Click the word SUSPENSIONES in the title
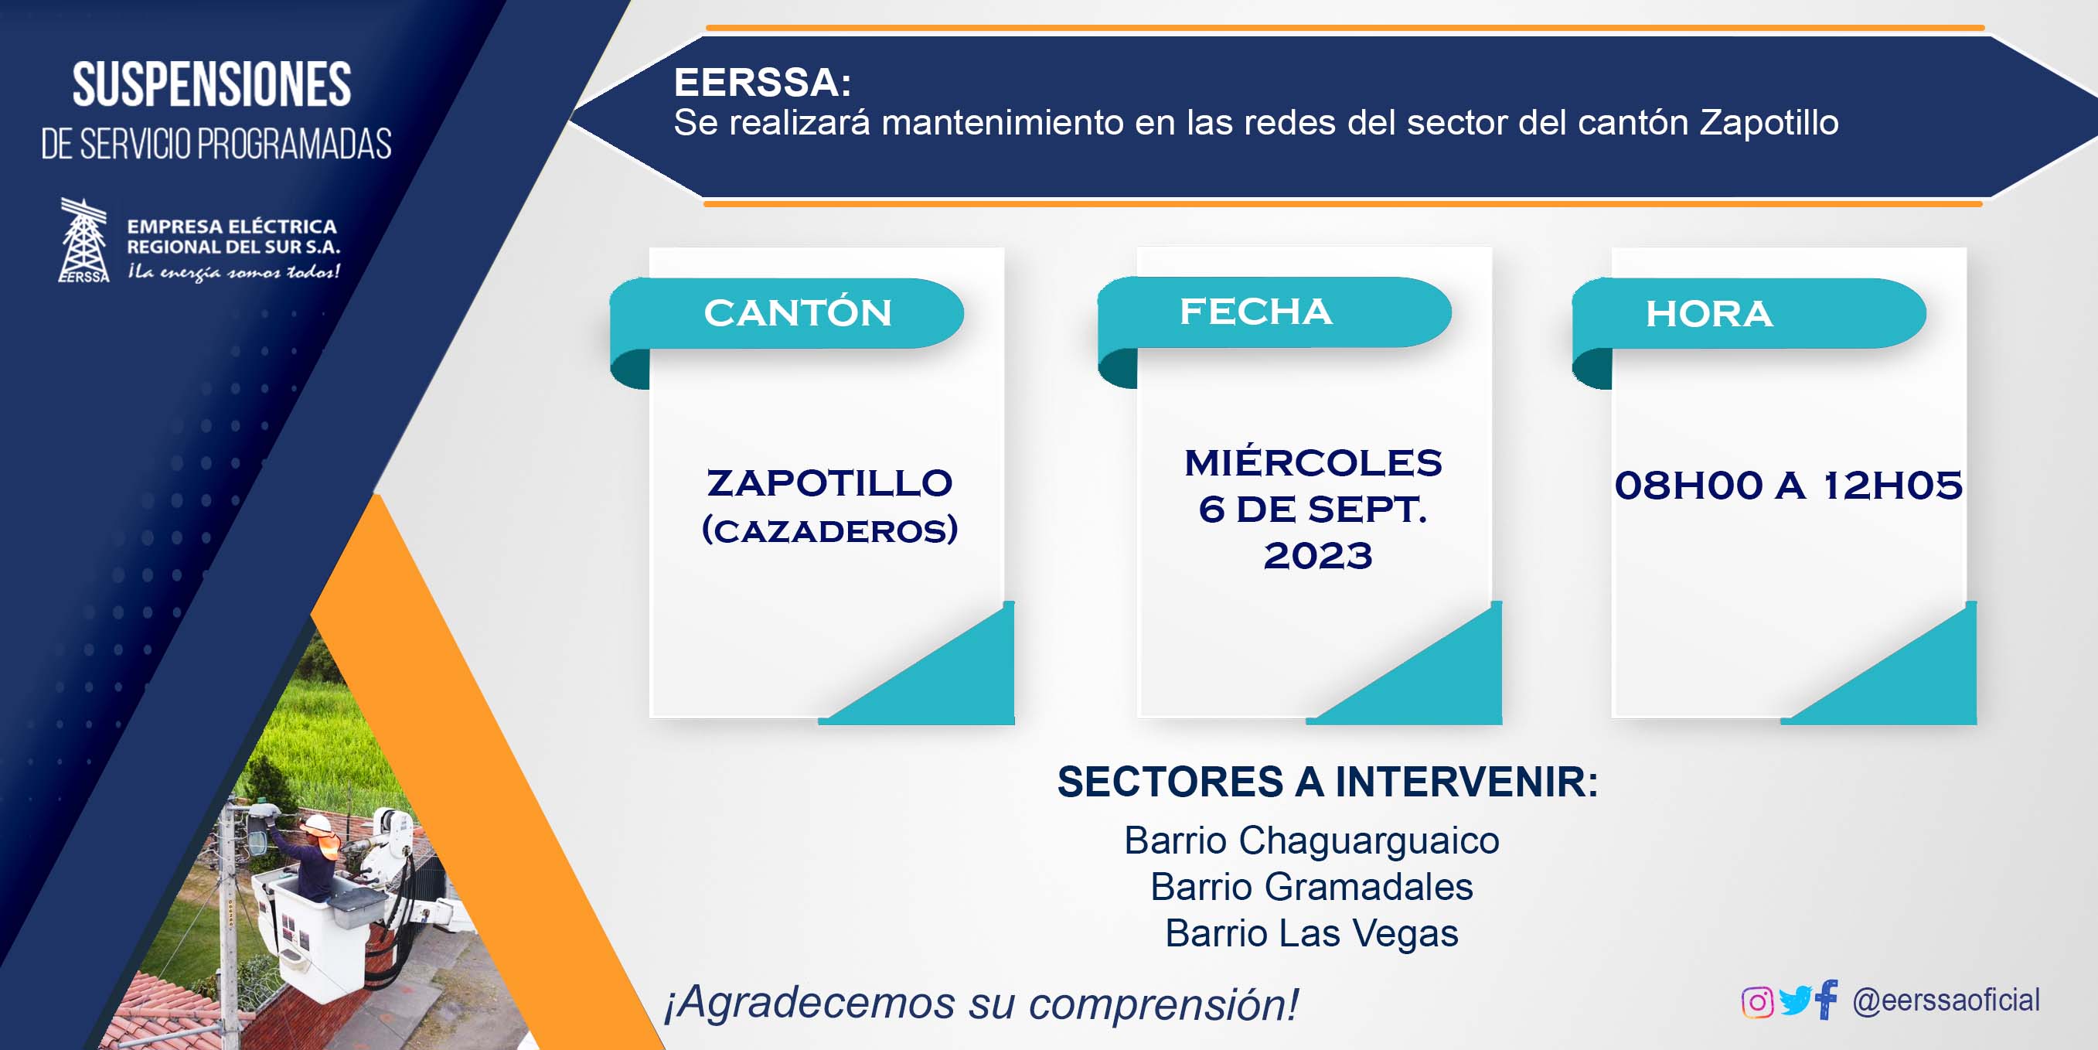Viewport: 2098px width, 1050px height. [x=212, y=85]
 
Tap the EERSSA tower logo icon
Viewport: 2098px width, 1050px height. [x=84, y=240]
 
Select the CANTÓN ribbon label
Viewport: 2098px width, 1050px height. [x=798, y=313]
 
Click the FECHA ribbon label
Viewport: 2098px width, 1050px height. [x=1256, y=311]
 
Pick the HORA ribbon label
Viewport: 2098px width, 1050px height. [x=1708, y=314]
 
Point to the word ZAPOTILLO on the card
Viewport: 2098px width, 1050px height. [x=829, y=483]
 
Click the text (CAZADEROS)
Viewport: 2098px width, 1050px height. [x=829, y=530]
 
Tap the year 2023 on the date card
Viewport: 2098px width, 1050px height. [x=1318, y=557]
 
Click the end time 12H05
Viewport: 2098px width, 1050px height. [x=1892, y=486]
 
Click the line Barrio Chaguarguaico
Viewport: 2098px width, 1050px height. [x=1311, y=840]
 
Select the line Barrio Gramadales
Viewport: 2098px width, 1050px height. [x=1311, y=887]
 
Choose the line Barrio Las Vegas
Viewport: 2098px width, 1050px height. [x=1311, y=933]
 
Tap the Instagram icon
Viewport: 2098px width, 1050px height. [x=1757, y=1002]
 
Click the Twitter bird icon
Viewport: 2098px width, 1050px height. [x=1795, y=1001]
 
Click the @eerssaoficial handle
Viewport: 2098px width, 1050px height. [x=1946, y=1001]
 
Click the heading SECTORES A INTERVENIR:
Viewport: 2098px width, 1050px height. [x=1327, y=782]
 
